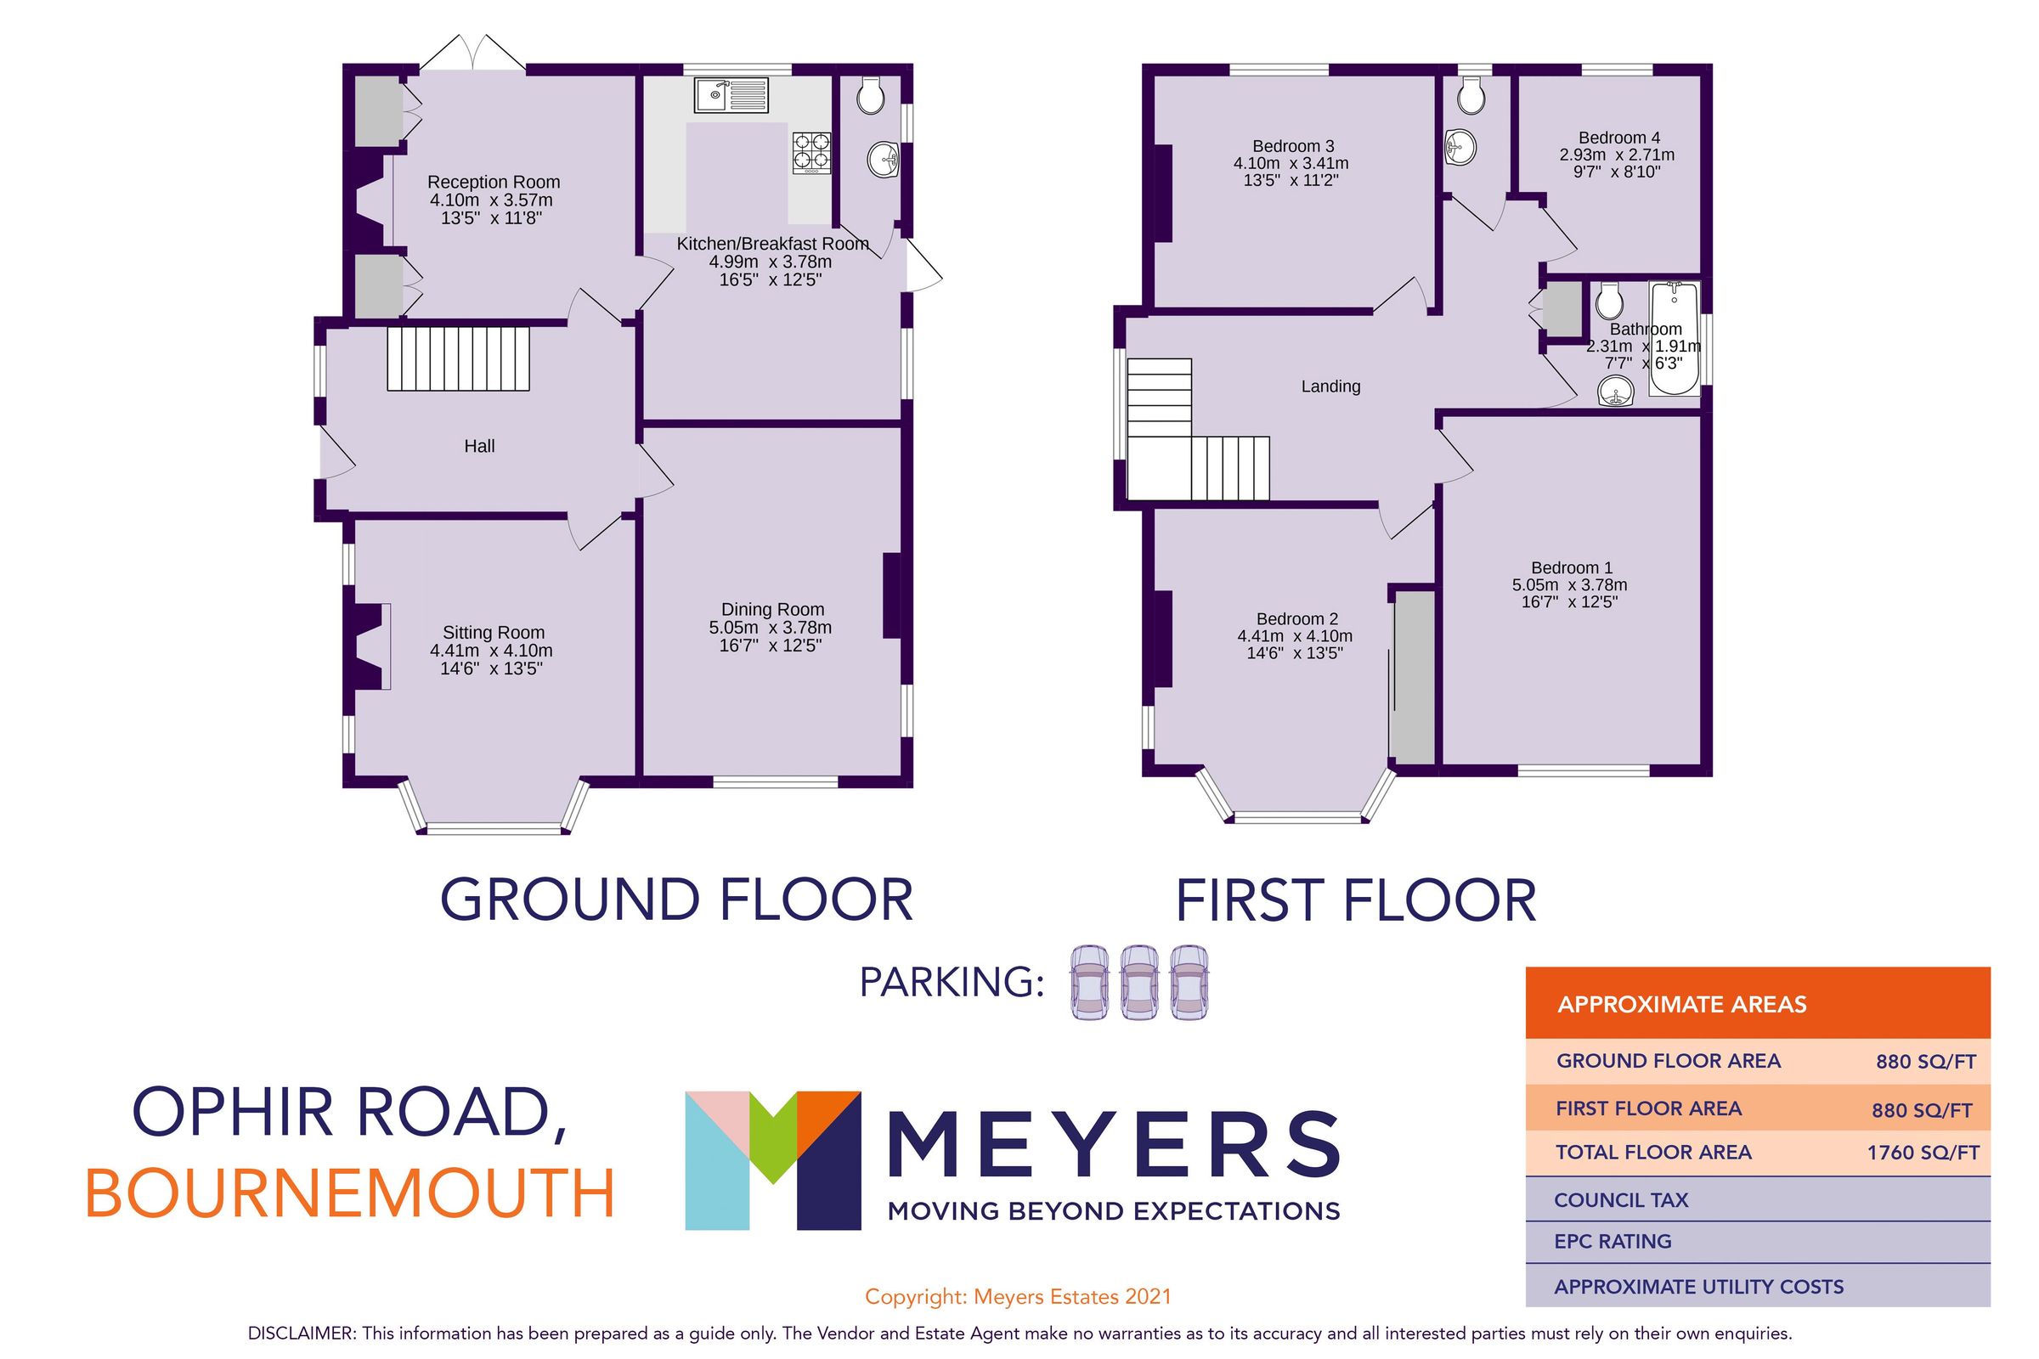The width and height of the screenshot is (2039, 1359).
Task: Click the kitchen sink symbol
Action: [x=731, y=94]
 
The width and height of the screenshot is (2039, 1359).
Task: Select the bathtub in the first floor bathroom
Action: [x=1675, y=339]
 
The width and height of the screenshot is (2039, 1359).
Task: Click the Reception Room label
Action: [x=494, y=182]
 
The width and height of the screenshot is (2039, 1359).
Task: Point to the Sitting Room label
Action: [x=494, y=633]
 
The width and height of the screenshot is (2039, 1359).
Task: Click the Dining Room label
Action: [x=772, y=609]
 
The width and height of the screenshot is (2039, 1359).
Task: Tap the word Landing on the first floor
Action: [x=1330, y=386]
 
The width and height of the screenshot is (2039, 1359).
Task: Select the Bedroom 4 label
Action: [x=1618, y=138]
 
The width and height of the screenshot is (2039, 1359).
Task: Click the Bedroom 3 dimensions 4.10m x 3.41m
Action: [x=1291, y=164]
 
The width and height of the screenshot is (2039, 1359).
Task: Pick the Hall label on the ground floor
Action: [x=479, y=447]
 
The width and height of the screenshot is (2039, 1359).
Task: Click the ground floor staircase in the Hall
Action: [x=458, y=358]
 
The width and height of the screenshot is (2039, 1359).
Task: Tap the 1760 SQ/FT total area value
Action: [x=1923, y=1153]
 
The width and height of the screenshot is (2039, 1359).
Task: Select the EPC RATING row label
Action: [x=1613, y=1241]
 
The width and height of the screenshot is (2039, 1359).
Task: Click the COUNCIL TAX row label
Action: [x=1621, y=1200]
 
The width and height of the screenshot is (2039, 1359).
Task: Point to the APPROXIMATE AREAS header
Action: [x=1682, y=1005]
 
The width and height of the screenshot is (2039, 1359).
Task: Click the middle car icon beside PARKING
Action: [x=1139, y=982]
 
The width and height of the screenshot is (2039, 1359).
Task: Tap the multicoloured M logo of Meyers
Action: [x=772, y=1160]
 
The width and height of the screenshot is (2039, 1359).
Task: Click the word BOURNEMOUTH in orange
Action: [x=350, y=1194]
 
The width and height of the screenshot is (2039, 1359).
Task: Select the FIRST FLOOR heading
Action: [x=1356, y=901]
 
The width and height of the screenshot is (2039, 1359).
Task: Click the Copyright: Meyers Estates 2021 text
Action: [x=1018, y=1297]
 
